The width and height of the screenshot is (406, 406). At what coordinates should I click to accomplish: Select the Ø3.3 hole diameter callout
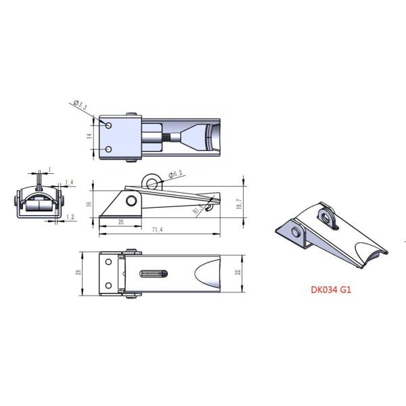[79, 106]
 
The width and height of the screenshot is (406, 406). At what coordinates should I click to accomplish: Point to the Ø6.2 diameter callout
[178, 175]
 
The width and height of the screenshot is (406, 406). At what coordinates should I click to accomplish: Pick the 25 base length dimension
[121, 221]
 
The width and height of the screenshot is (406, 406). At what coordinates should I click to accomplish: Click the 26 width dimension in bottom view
[79, 273]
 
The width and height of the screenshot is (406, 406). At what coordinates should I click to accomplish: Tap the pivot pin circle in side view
[130, 202]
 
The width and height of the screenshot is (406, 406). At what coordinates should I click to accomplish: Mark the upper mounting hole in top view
[108, 125]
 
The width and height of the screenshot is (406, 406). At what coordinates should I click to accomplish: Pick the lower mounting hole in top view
[108, 150]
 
